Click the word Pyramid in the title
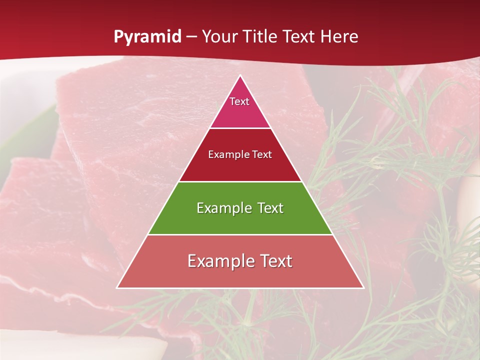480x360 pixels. point(147,36)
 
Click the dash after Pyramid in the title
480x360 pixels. point(191,36)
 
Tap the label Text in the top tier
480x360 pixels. point(239,101)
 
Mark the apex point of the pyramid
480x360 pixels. point(240,75)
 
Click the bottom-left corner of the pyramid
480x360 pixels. point(117,287)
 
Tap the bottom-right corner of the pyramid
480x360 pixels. point(363,287)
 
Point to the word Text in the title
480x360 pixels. point(298,36)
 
